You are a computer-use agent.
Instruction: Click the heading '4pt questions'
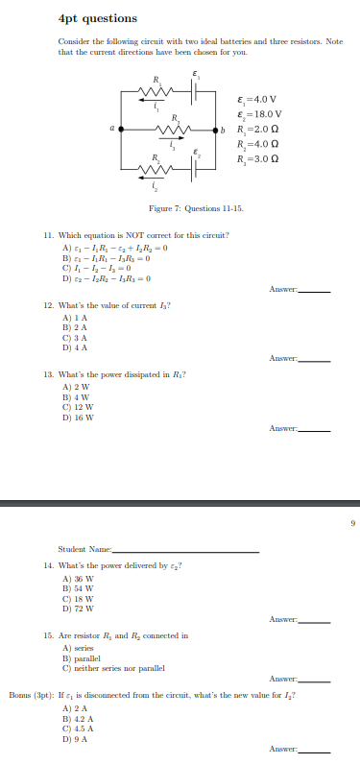[84, 18]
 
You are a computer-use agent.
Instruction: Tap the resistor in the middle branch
[172, 130]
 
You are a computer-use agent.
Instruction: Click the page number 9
[351, 522]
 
